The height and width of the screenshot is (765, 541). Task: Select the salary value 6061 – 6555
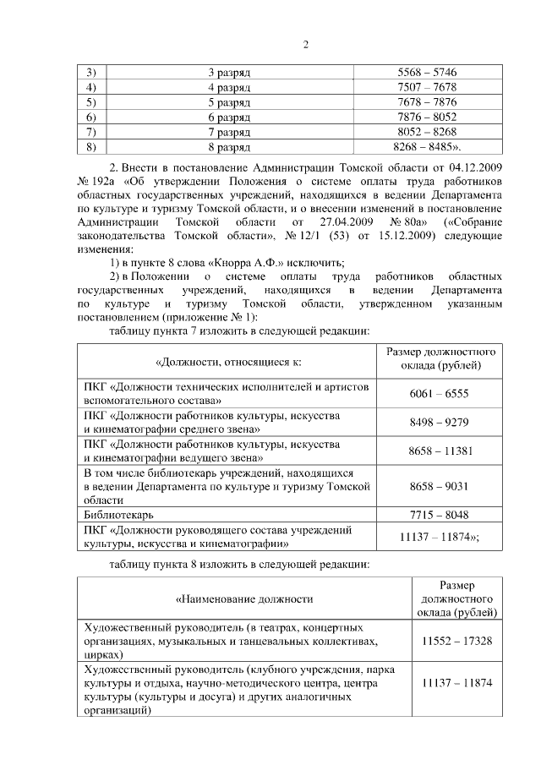439,394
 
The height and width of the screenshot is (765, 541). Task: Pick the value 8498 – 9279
439,423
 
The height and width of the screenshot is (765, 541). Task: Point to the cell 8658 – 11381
439,451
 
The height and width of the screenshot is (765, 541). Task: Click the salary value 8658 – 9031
439,487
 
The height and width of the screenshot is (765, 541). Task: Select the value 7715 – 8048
439,515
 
